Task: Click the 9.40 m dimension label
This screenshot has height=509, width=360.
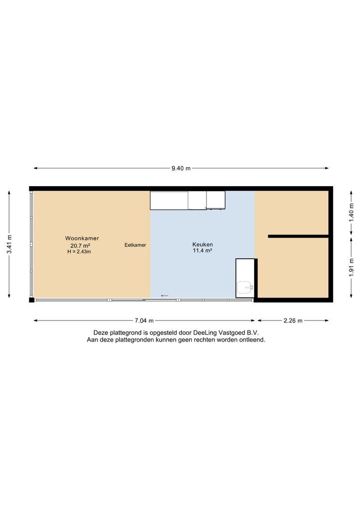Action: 181,168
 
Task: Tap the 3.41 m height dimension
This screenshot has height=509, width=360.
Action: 9,244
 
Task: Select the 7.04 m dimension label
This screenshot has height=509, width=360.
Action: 144,321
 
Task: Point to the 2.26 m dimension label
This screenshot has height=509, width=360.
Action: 293,321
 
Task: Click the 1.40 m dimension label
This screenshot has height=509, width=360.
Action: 351,213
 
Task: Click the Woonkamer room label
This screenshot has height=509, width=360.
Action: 82,238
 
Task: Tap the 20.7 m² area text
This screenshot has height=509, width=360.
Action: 80,246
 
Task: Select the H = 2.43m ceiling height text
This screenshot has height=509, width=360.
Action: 79,252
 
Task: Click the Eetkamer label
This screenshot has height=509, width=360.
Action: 135,245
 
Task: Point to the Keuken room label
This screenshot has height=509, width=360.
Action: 203,245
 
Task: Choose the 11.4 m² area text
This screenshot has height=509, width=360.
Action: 203,251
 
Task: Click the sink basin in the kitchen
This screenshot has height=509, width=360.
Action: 245,287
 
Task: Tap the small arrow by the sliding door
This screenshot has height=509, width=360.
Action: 164,296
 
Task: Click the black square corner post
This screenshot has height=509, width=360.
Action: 32,300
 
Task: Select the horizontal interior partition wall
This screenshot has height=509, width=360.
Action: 298,236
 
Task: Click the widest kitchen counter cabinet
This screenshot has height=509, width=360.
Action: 169,200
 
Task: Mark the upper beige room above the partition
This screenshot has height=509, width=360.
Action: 292,213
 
